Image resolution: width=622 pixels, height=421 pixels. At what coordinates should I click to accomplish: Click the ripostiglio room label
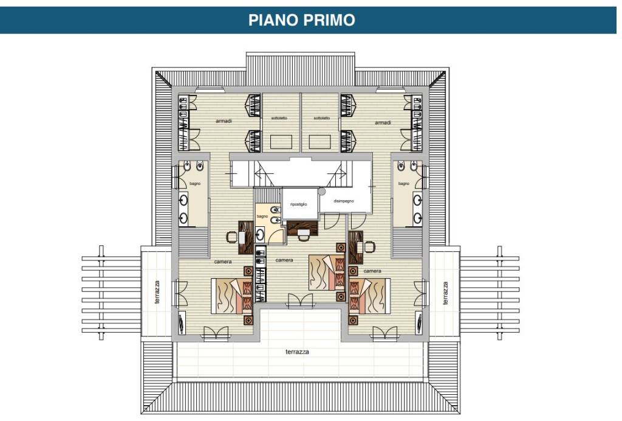coord(299,204)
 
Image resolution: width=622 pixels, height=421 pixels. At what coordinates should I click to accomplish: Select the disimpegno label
coord(344,201)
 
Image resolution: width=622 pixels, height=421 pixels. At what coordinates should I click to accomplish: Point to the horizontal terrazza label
coord(297,352)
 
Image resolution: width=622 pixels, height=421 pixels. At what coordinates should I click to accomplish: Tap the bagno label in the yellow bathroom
coord(262,217)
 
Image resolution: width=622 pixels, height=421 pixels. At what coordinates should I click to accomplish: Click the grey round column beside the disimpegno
coord(321,192)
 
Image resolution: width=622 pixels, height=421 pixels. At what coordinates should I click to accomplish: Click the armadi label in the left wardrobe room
coord(224,120)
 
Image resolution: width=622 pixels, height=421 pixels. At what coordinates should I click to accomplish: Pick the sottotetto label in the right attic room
coord(322,119)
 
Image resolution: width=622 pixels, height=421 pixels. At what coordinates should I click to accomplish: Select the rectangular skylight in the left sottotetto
coord(281,142)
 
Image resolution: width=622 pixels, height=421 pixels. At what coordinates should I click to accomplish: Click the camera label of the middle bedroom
coord(284,260)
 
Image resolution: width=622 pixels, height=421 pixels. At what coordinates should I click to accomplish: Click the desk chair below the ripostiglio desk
coord(304,237)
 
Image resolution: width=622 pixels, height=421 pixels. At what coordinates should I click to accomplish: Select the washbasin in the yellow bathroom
coord(260,235)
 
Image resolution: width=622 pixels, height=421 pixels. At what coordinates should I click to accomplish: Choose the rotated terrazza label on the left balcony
coord(157,292)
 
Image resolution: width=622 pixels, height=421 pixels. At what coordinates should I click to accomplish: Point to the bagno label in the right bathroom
coord(404,184)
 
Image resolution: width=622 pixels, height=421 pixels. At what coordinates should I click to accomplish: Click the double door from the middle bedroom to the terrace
coord(300,300)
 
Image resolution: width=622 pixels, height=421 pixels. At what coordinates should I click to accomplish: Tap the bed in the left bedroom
coord(231,296)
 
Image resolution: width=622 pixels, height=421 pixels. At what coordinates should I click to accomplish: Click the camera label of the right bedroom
coord(372,271)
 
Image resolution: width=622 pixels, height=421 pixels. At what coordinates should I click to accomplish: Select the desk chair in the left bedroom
coord(231,237)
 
